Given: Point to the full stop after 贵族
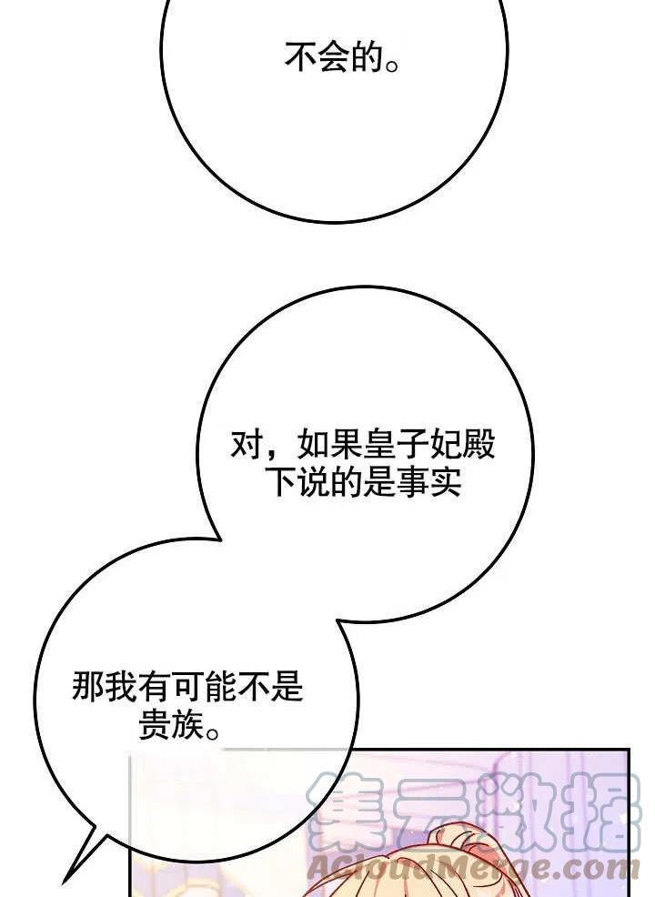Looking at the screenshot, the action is (212, 733).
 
